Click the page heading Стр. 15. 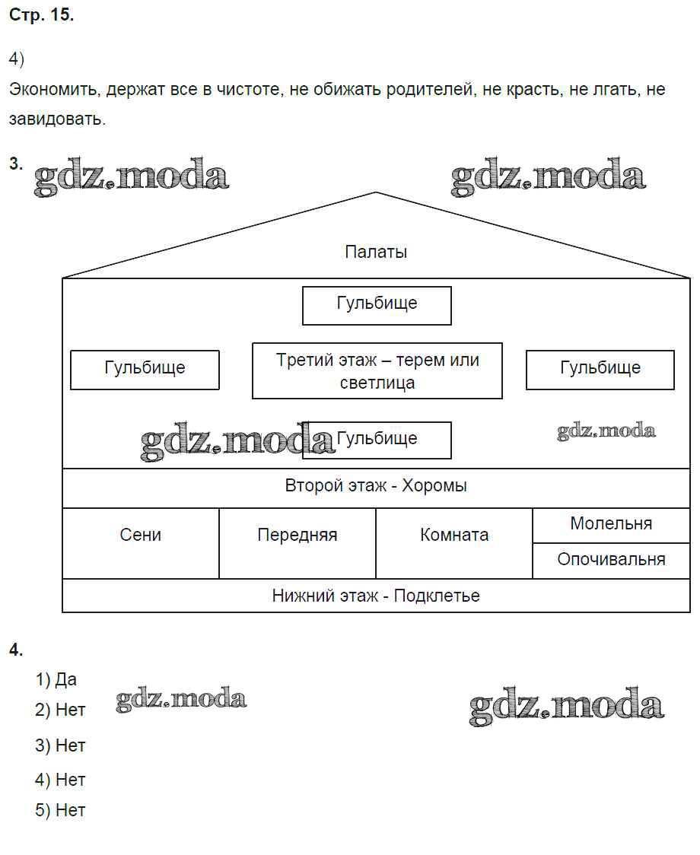41,16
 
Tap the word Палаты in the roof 376,252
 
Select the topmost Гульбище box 377,305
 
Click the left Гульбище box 145,370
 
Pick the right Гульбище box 600,370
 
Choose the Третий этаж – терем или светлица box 377,370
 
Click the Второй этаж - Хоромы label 376,486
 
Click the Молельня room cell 610,524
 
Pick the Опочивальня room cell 610,560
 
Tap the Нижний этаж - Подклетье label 376,596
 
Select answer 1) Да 56,679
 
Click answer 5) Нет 60,810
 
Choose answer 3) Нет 60,745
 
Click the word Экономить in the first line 54,90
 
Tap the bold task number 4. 16,649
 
